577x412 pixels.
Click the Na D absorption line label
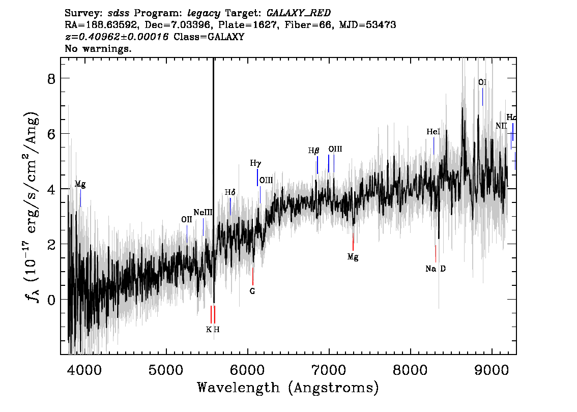point(436,269)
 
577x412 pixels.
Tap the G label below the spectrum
point(252,291)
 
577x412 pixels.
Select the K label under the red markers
point(209,330)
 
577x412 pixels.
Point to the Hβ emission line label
point(313,151)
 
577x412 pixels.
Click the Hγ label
point(255,163)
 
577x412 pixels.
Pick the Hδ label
point(230,192)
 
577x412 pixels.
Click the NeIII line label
point(203,212)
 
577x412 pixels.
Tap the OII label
point(187,219)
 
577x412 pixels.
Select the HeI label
point(433,131)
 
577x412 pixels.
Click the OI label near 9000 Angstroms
point(482,82)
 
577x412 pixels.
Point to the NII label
point(501,126)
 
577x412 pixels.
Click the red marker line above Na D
point(436,254)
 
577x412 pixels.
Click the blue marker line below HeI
point(434,146)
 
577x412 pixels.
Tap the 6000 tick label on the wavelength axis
point(247,370)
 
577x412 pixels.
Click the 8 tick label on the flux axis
point(51,78)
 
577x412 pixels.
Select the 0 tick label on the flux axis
point(51,300)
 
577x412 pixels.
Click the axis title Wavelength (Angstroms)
point(288,388)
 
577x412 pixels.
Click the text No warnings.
point(98,48)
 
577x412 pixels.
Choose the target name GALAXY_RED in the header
point(299,13)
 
